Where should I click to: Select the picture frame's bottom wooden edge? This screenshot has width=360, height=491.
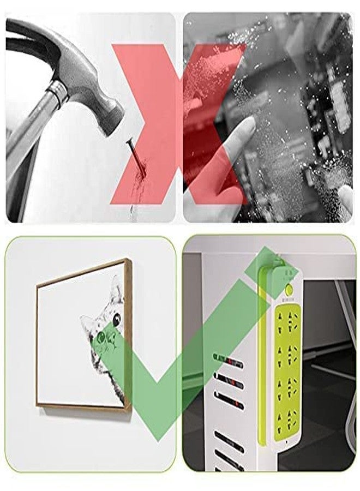82,406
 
